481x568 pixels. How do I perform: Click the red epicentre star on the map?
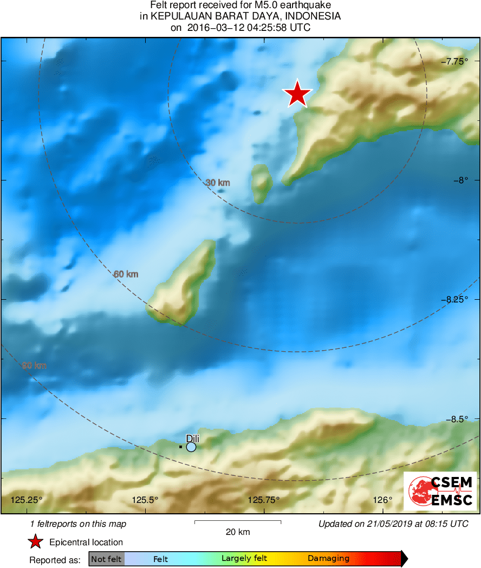tap(297, 94)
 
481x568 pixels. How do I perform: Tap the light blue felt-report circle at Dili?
tap(191, 447)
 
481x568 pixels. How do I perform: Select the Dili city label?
tap(193, 438)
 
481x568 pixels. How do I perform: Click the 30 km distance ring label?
tap(218, 183)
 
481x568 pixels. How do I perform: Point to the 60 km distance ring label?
tap(126, 274)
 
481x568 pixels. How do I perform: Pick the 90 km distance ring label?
tap(34, 366)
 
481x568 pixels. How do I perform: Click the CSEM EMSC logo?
tap(440, 491)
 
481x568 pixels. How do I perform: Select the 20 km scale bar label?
tap(238, 532)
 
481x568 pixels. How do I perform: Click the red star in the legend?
tap(36, 542)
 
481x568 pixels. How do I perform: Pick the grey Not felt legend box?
tap(107, 559)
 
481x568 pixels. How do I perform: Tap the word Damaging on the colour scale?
tap(328, 559)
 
